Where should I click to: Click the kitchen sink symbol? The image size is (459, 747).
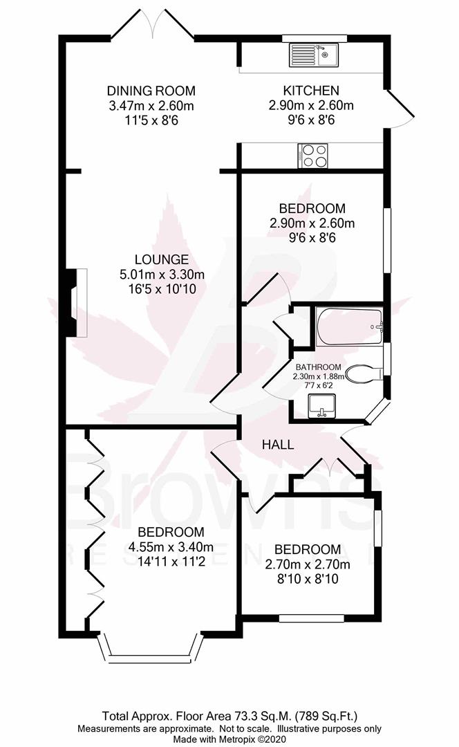[312, 53]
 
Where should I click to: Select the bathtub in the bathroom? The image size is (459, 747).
[349, 326]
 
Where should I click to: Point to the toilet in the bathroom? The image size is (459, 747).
[363, 373]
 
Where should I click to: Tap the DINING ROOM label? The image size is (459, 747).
[151, 91]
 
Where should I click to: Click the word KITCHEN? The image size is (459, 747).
[311, 91]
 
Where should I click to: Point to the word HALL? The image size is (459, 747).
[278, 445]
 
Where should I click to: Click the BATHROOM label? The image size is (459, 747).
[319, 367]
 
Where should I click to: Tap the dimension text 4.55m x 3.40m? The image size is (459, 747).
[171, 548]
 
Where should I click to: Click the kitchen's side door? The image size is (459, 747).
[399, 107]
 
